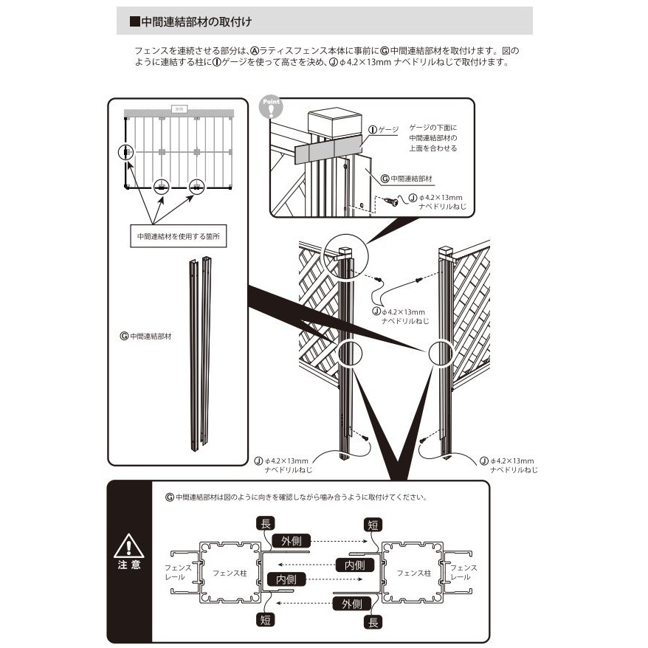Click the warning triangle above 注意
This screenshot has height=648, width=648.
(128, 547)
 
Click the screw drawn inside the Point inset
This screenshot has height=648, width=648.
(391, 201)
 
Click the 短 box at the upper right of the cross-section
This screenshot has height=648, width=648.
(373, 525)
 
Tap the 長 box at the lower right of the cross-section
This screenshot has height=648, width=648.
(373, 622)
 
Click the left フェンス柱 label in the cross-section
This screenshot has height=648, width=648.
(230, 572)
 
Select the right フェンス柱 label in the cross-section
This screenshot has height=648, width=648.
(413, 572)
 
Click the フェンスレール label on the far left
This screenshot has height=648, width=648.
(178, 572)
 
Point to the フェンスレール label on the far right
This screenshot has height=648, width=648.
(463, 572)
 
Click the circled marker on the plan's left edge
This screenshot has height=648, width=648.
(127, 153)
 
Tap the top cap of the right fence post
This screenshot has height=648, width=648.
(445, 251)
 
